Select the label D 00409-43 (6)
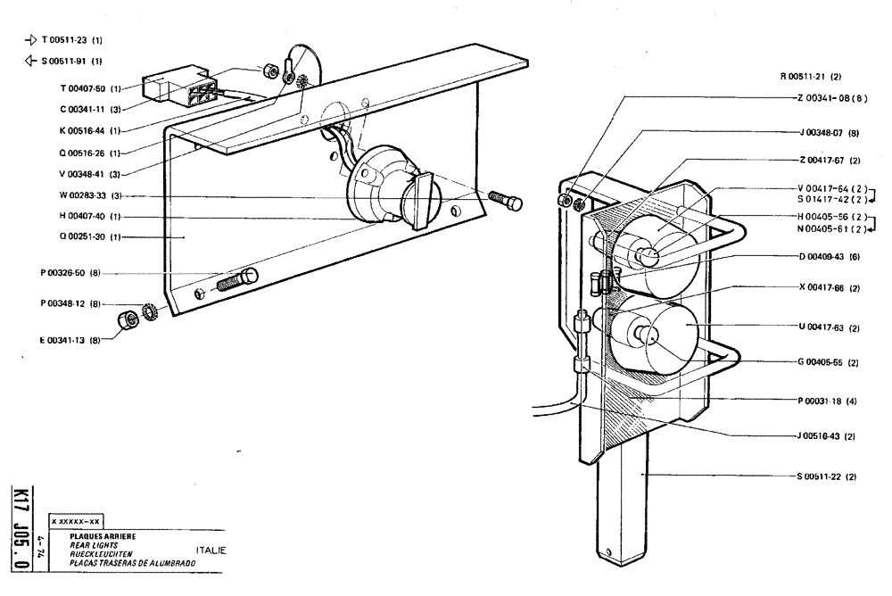(829, 256)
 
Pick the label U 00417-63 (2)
(829, 328)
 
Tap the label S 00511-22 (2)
(827, 476)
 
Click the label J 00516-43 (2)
(827, 435)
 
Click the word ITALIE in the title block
(211, 550)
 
